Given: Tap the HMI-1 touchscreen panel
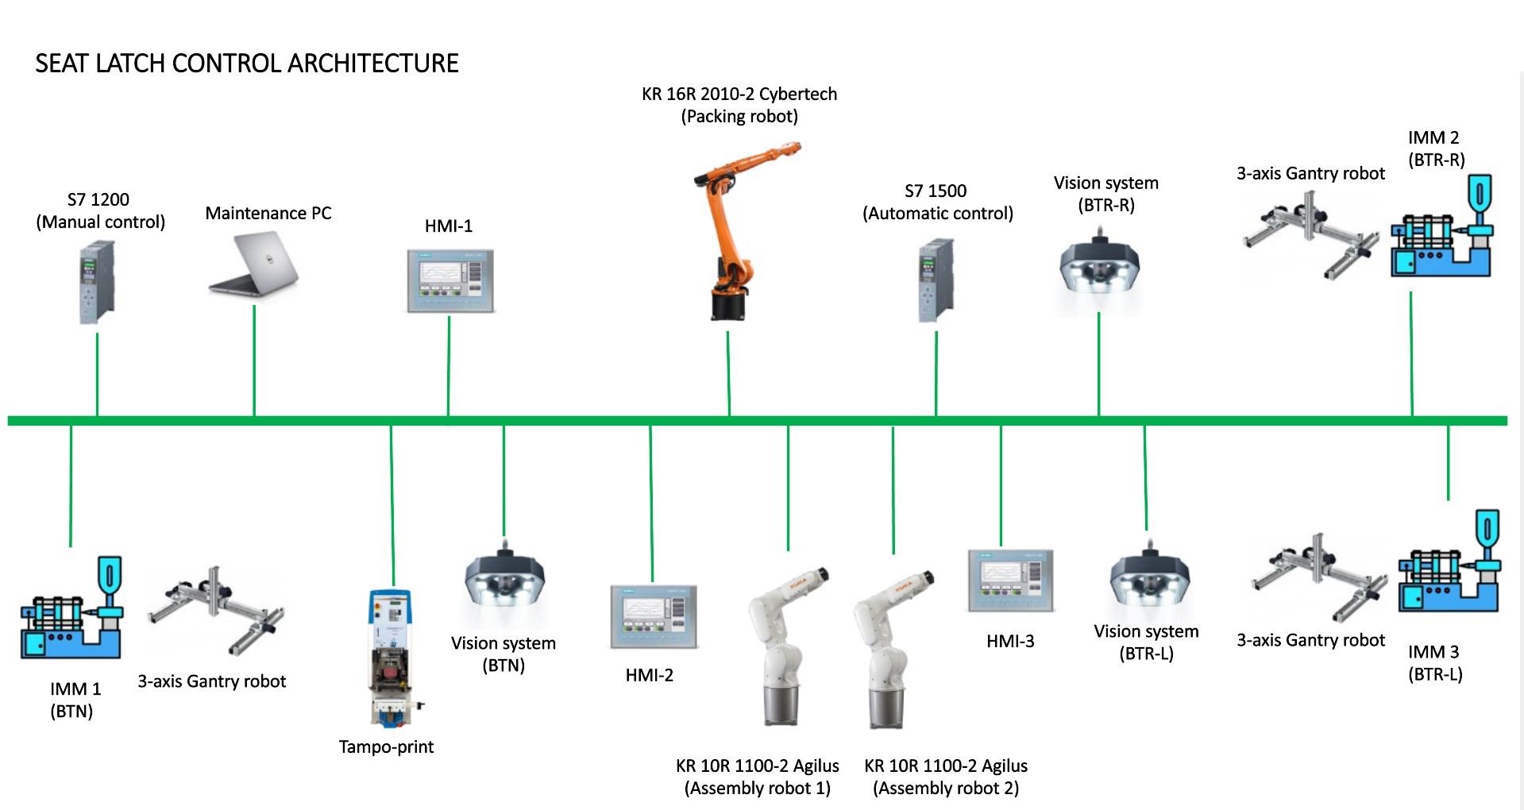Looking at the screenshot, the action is pyautogui.click(x=450, y=281).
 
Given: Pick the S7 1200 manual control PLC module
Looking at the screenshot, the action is pyautogui.click(x=97, y=283).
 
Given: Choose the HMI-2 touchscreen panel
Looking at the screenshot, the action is pyautogui.click(x=654, y=617).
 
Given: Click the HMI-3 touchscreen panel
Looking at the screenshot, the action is pyautogui.click(x=1011, y=580).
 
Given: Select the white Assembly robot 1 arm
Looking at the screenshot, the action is pyautogui.click(x=782, y=646).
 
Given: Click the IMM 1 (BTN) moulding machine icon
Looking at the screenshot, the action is pyautogui.click(x=71, y=607).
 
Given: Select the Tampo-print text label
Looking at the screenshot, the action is pyautogui.click(x=386, y=746).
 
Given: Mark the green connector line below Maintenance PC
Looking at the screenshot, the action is pyautogui.click(x=254, y=361).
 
